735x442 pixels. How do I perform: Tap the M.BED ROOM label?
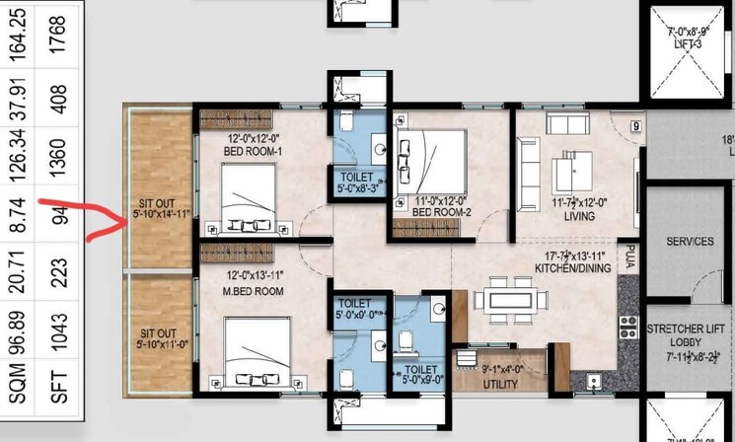(x=255, y=290)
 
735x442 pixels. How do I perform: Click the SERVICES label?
(x=690, y=242)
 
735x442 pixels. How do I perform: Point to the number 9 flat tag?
(x=635, y=125)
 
